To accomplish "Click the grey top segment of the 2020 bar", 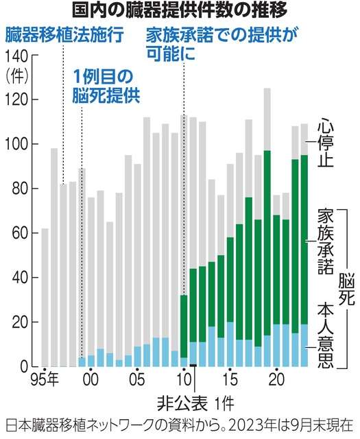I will (276, 205).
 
